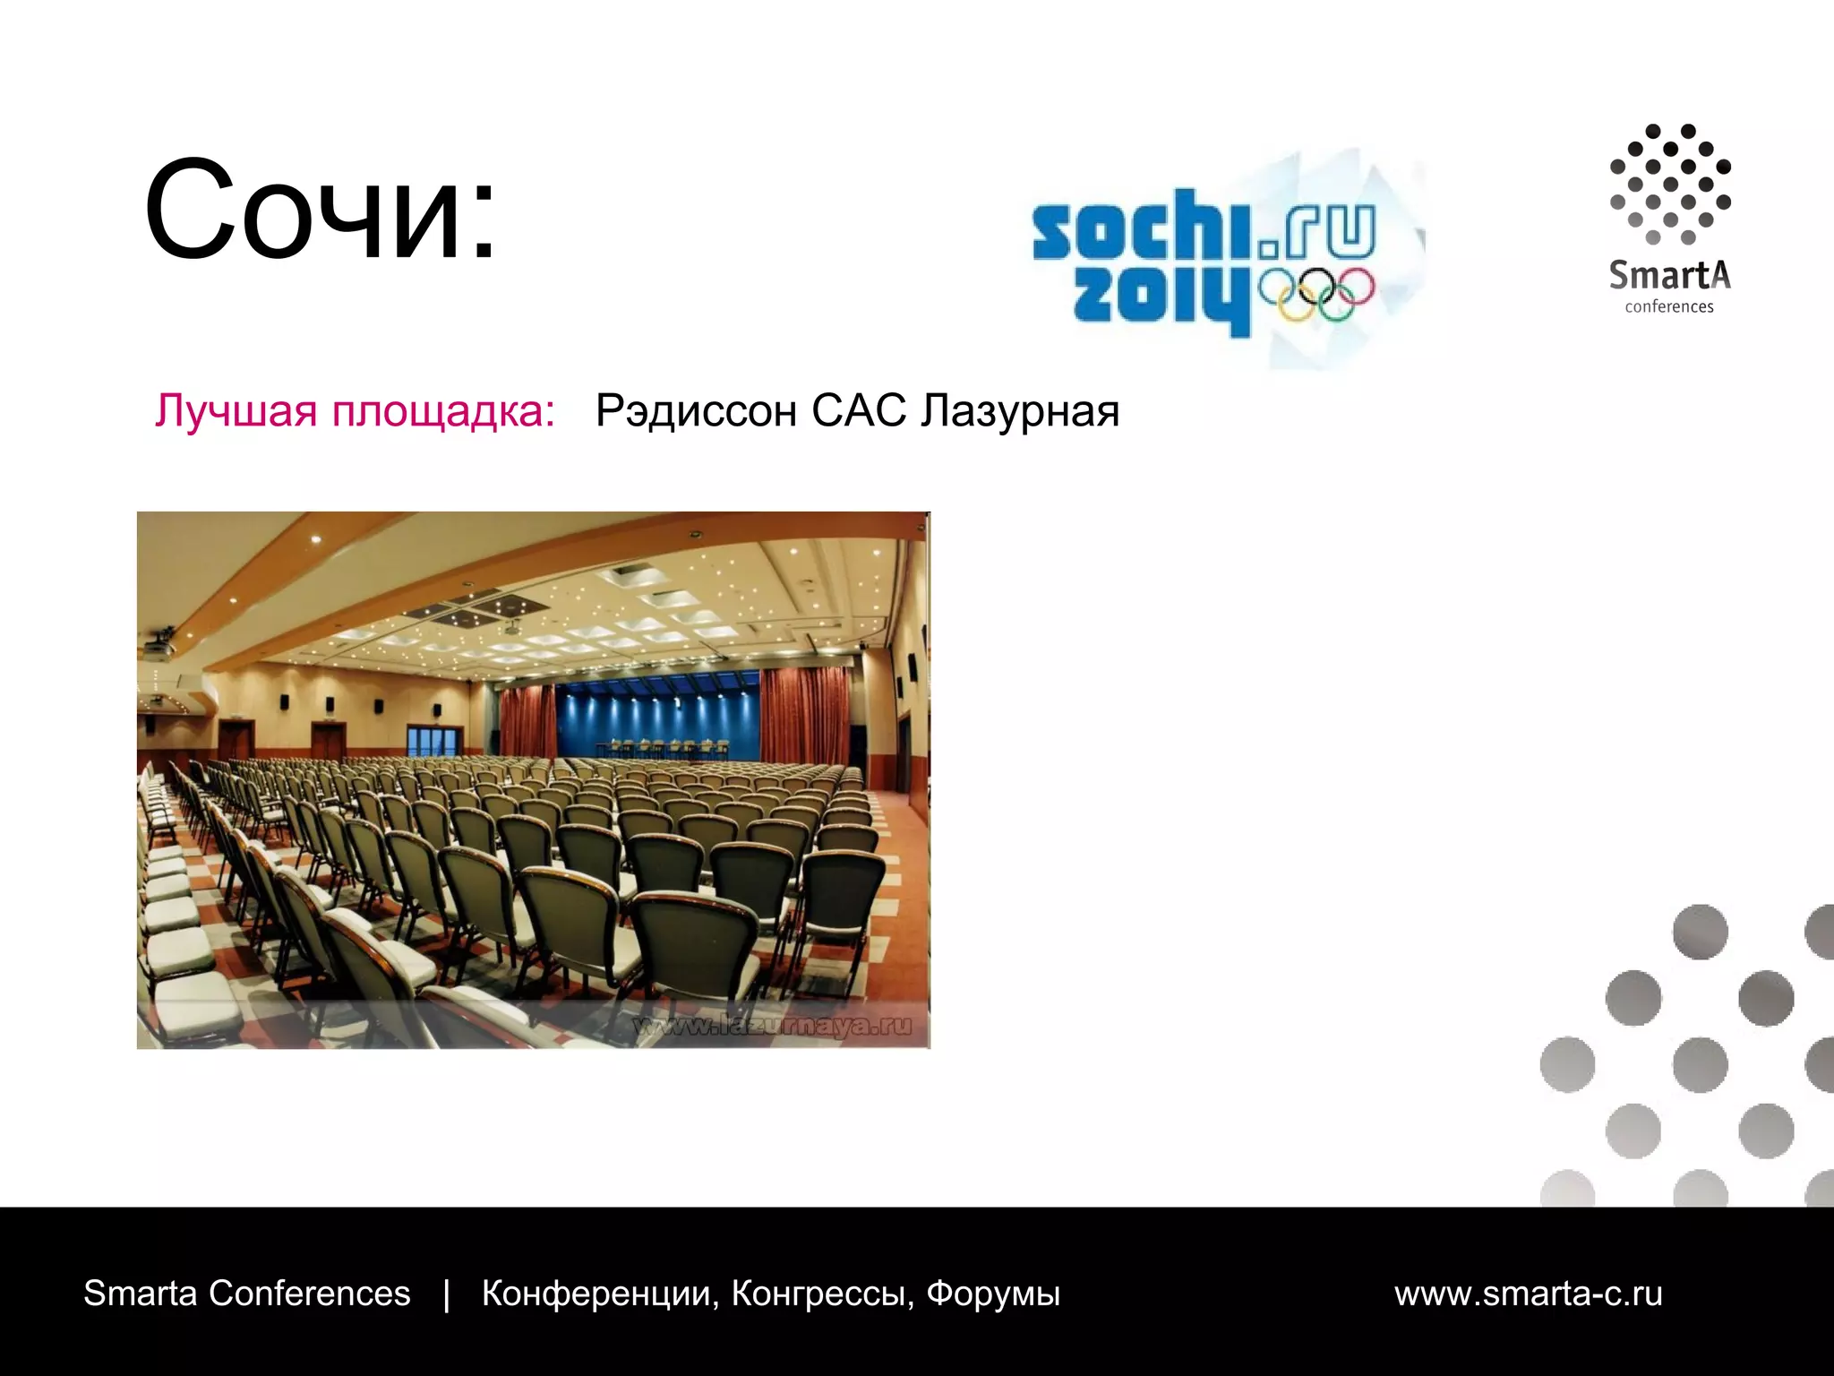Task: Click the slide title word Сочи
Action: [x=309, y=211]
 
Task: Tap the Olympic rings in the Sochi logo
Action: [x=1316, y=294]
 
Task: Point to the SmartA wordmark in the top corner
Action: [x=1669, y=275]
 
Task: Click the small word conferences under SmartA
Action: [x=1669, y=307]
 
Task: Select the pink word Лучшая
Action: [x=236, y=411]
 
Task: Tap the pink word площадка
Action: [x=442, y=411]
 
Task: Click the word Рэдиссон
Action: [x=696, y=411]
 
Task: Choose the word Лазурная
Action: [x=1021, y=411]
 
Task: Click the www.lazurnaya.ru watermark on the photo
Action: [x=772, y=1026]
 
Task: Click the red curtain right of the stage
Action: [x=804, y=717]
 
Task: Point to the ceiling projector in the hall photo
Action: [x=158, y=642]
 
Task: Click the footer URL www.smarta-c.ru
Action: [x=1528, y=1294]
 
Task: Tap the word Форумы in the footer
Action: [x=993, y=1294]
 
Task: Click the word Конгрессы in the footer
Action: [x=822, y=1294]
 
